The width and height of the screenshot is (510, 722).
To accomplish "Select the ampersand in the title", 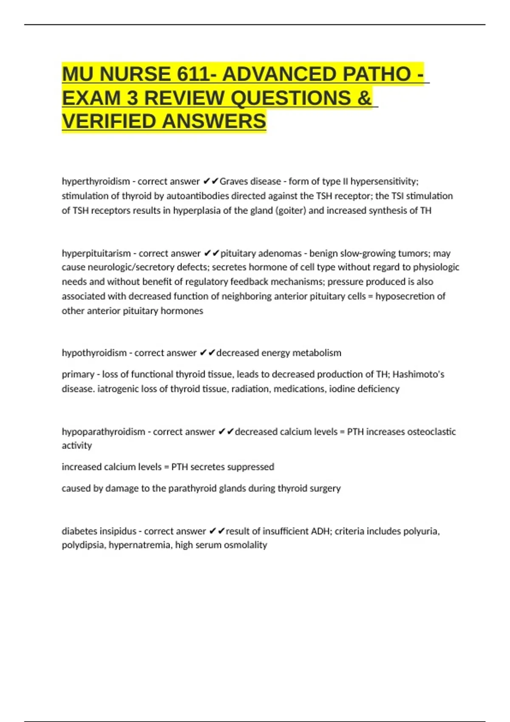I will click(364, 98).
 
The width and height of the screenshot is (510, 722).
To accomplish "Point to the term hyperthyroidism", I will click(96, 181).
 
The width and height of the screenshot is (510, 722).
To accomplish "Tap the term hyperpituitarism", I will click(96, 254).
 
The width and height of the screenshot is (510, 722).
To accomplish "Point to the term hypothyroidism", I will click(94, 353).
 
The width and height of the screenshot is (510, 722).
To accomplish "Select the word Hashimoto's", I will click(418, 374).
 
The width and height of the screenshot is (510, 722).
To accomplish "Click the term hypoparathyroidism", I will click(103, 432).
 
